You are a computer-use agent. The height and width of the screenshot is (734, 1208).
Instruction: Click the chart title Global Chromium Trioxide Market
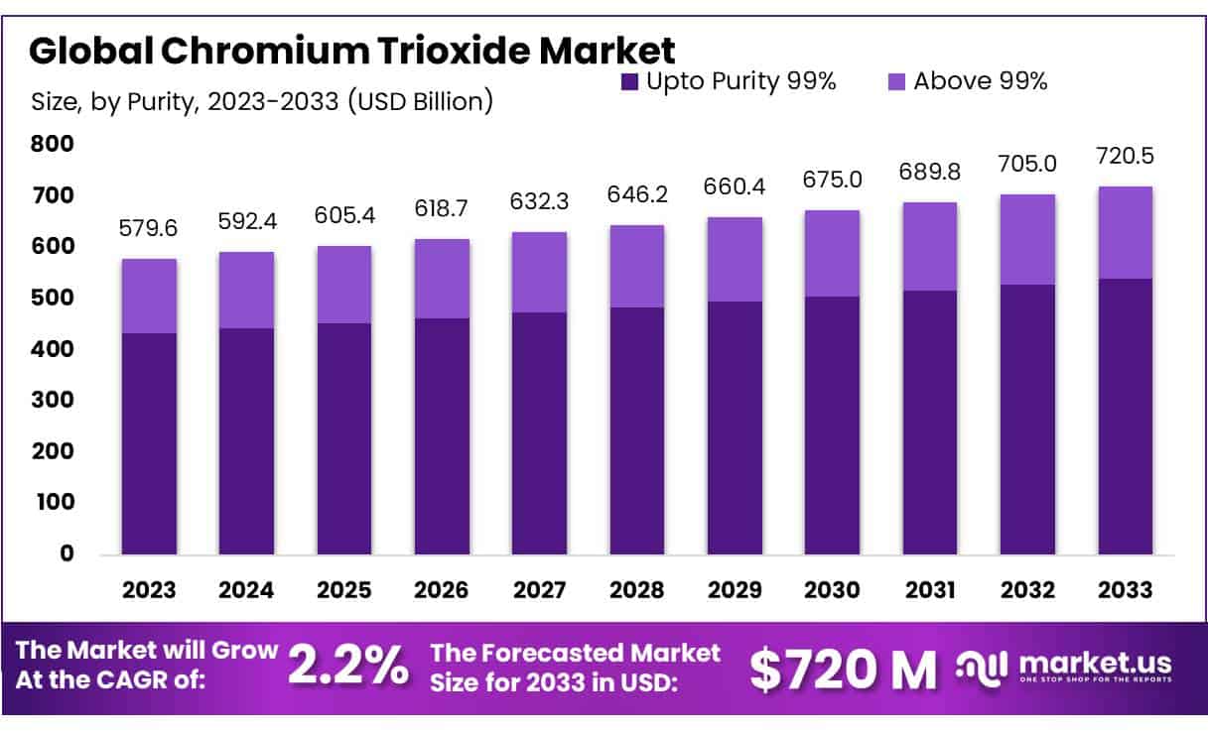click(x=352, y=50)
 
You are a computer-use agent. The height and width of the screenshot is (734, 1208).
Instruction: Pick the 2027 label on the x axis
click(x=539, y=589)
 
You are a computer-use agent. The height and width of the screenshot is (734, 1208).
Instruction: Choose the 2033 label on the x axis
click(x=1126, y=589)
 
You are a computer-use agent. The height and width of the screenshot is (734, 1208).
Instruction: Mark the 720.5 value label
click(x=1126, y=157)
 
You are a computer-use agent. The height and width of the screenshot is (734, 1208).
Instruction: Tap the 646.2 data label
click(x=637, y=197)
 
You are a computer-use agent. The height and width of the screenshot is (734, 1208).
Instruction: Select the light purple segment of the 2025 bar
click(x=344, y=285)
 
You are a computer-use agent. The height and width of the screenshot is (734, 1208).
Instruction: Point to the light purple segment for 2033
click(x=1126, y=232)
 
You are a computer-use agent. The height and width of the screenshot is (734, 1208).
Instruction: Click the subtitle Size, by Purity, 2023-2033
click(x=262, y=101)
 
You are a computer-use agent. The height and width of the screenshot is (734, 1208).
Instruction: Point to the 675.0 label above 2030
click(x=833, y=183)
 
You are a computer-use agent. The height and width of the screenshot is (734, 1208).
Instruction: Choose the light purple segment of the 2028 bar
click(x=637, y=266)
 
